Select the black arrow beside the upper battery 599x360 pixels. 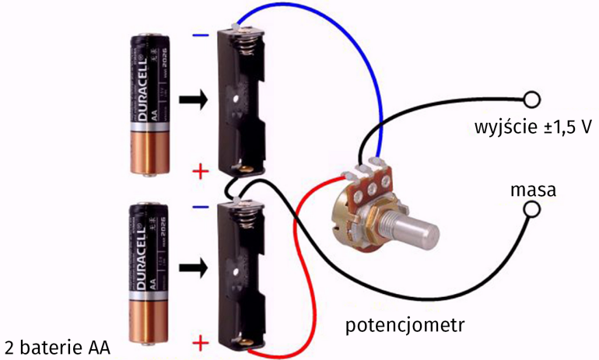click(x=194, y=100)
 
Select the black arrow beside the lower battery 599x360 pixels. click(x=194, y=269)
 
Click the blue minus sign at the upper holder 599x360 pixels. click(x=201, y=35)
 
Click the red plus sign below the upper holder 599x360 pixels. click(x=201, y=172)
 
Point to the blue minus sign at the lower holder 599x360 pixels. click(x=201, y=208)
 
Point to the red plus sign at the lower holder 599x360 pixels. click(x=201, y=343)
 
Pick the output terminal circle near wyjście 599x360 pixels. click(x=531, y=100)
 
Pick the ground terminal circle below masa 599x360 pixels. click(x=532, y=209)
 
